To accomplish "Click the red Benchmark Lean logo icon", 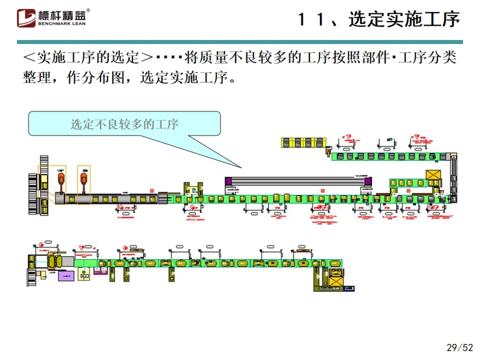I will (26, 18).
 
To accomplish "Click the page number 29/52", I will (460, 348).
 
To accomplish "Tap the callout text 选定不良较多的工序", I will (124, 124).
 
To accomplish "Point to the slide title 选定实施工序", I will (404, 20).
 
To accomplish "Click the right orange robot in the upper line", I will (84, 180).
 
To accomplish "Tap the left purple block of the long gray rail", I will (228, 181).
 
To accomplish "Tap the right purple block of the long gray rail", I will (368, 181).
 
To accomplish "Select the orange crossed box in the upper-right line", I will (433, 175).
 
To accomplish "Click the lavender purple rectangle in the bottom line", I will (67, 276).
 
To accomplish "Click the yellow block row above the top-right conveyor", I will (302, 142).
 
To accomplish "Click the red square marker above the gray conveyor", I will (152, 190).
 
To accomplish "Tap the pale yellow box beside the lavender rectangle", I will (84, 274).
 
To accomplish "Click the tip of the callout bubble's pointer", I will (242, 168).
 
